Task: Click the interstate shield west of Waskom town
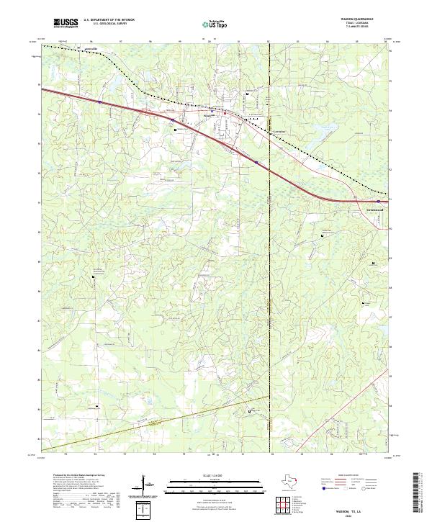pyautogui.click(x=98, y=102)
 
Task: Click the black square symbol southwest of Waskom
pyautogui.click(x=174, y=130)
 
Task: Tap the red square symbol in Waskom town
pyautogui.click(x=228, y=113)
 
